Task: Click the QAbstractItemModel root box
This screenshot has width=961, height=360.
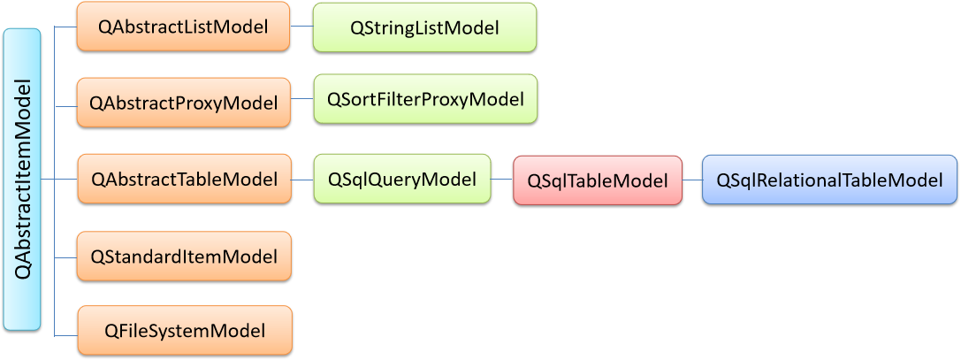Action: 23,180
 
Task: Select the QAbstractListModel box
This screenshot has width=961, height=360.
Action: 183,27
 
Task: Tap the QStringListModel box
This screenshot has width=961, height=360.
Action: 424,27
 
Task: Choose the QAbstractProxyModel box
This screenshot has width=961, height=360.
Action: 183,103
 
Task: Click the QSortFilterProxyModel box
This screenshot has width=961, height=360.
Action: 425,99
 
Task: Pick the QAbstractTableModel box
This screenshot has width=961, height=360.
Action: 184,179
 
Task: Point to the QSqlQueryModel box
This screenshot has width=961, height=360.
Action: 402,179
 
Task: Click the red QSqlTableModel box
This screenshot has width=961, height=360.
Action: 598,180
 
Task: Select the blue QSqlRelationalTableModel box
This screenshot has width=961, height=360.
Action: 829,180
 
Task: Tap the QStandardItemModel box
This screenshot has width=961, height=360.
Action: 184,256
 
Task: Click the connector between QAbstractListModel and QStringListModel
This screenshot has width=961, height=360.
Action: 301,27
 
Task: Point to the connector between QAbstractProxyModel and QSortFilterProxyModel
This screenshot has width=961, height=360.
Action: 301,99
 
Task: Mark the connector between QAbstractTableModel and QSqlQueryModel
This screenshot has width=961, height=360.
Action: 302,180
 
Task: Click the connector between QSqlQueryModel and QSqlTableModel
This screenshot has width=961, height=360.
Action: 502,180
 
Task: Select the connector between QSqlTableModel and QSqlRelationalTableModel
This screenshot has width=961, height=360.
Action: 692,180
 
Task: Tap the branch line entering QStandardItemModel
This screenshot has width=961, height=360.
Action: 66,258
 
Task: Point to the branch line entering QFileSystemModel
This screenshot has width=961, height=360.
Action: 66,335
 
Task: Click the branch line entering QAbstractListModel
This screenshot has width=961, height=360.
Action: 65,27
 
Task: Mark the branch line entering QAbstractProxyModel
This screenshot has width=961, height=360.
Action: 65,107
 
